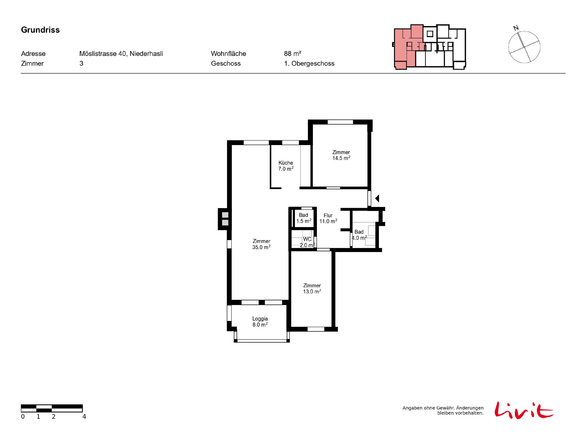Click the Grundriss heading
tap(40, 30)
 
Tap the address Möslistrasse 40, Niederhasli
tap(121, 54)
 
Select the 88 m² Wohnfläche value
tap(292, 54)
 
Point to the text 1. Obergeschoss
tap(309, 63)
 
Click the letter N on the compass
tap(516, 28)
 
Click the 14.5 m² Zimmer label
tap(341, 155)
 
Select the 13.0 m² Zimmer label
tap(312, 288)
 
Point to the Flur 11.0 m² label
tap(328, 218)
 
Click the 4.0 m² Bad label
tap(359, 235)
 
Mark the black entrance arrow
tap(377, 198)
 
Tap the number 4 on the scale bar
tap(84, 417)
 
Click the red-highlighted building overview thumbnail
tap(429, 47)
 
